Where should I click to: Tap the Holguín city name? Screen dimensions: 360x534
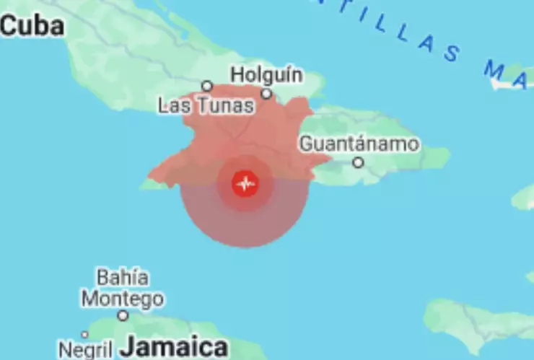(267, 75)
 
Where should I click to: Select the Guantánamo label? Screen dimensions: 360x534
(359, 143)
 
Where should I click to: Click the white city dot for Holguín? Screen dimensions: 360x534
(266, 94)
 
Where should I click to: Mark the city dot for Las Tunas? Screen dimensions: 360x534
(207, 86)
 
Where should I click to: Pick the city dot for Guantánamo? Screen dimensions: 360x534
(358, 163)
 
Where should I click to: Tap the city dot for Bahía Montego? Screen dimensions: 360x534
(123, 315)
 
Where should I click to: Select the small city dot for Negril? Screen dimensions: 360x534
(84, 334)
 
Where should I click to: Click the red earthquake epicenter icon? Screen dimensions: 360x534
(245, 183)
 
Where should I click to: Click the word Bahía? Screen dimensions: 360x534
(123, 277)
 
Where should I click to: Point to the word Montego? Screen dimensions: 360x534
(122, 298)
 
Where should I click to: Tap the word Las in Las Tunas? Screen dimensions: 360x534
(173, 107)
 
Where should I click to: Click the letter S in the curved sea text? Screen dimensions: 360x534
(452, 53)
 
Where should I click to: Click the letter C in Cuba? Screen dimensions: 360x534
(9, 27)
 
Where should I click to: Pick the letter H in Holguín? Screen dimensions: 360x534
(237, 75)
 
